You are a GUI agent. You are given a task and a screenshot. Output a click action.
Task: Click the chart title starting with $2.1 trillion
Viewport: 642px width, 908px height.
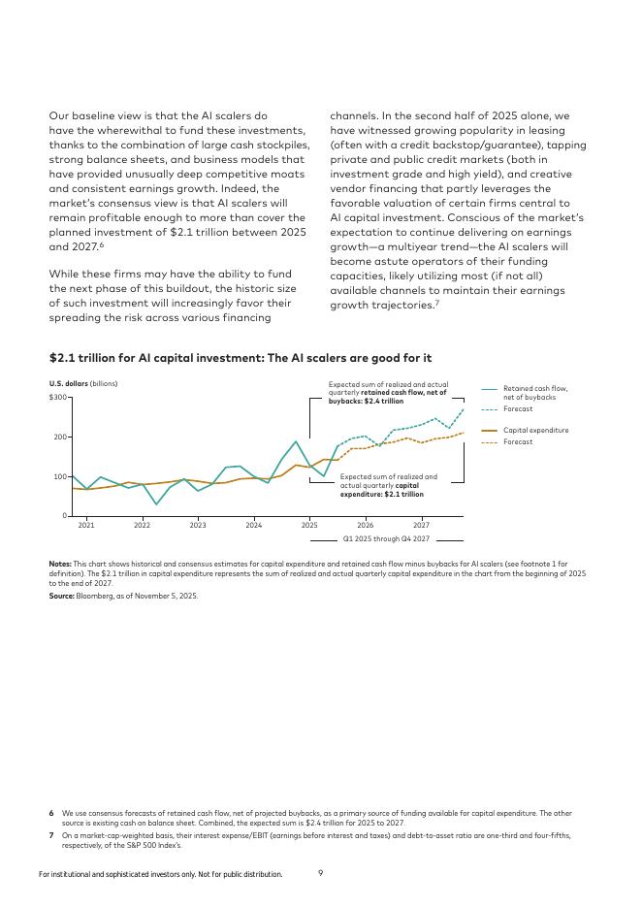pyautogui.click(x=240, y=359)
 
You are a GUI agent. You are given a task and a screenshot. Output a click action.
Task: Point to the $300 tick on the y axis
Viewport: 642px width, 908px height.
pyautogui.click(x=58, y=398)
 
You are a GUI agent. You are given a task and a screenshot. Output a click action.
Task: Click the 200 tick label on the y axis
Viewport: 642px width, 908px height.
pyautogui.click(x=60, y=438)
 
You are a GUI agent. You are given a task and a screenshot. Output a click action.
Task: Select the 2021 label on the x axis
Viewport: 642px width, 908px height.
pyautogui.click(x=86, y=525)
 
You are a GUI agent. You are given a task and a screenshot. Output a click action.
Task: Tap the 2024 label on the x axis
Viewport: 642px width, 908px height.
pyautogui.click(x=254, y=525)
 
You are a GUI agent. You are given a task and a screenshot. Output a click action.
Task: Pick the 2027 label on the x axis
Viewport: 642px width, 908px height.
pyautogui.click(x=421, y=525)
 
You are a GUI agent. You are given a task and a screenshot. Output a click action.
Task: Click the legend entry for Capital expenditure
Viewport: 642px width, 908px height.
pyautogui.click(x=535, y=430)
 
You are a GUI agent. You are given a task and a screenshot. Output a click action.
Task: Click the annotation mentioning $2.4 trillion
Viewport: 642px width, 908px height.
pyautogui.click(x=388, y=392)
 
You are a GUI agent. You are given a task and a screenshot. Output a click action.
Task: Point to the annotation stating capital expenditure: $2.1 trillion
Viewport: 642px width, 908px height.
pyautogui.click(x=388, y=485)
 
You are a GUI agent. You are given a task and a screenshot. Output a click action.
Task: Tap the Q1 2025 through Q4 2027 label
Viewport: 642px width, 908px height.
pyautogui.click(x=386, y=538)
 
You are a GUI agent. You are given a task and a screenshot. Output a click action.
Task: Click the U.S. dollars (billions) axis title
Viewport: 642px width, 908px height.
pyautogui.click(x=83, y=383)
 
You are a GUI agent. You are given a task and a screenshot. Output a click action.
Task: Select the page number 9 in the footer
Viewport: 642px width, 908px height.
pyautogui.click(x=321, y=873)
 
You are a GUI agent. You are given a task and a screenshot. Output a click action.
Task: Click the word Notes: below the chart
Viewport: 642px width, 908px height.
pyautogui.click(x=60, y=564)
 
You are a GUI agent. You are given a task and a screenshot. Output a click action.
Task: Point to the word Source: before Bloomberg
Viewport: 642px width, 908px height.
pyautogui.click(x=62, y=596)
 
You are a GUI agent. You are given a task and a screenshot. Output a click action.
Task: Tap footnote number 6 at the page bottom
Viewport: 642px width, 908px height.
pyautogui.click(x=51, y=813)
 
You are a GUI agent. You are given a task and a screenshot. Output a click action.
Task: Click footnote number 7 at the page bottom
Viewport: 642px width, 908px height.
pyautogui.click(x=51, y=834)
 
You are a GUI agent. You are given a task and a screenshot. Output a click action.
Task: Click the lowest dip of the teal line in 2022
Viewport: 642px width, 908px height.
pyautogui.click(x=156, y=504)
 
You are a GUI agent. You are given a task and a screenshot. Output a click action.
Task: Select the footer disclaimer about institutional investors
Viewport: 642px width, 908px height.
pyautogui.click(x=160, y=874)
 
